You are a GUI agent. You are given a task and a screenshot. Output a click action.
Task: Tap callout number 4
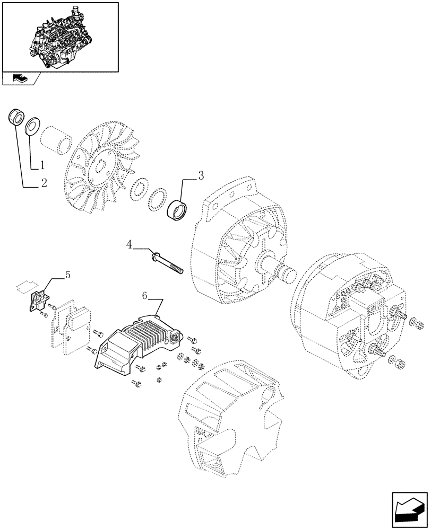[130, 244]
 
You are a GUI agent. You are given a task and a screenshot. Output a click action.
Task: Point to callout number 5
[67, 275]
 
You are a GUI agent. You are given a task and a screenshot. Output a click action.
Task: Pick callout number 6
[145, 295]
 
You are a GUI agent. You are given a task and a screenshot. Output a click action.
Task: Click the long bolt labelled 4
[166, 262]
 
